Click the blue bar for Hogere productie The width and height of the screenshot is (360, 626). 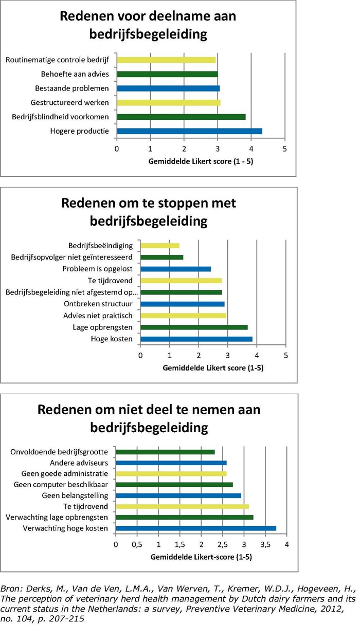(x=190, y=131)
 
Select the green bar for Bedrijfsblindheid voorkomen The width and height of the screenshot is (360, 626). (x=181, y=117)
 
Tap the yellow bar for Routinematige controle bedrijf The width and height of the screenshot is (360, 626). (x=167, y=60)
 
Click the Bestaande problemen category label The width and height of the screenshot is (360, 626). (x=72, y=88)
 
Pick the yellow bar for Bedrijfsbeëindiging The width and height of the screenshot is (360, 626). (x=160, y=246)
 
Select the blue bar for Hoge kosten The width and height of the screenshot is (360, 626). (x=196, y=339)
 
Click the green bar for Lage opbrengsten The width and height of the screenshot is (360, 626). (x=194, y=327)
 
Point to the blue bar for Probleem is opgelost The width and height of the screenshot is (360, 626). (x=176, y=269)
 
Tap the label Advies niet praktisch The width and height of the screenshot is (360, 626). (x=98, y=316)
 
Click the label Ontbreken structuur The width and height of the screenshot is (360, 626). (x=98, y=304)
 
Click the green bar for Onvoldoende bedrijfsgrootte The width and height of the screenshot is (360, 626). (x=165, y=452)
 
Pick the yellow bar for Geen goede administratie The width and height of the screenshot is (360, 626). (x=171, y=474)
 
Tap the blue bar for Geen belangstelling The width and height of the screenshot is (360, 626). (x=178, y=495)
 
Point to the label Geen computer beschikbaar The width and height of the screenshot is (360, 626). (x=61, y=485)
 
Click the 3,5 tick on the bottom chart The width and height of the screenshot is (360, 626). (x=265, y=545)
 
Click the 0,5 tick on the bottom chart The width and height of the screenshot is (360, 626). (x=137, y=545)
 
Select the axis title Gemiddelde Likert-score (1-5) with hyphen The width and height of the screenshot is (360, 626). (x=201, y=557)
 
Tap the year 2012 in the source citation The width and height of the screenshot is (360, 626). (x=333, y=609)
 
